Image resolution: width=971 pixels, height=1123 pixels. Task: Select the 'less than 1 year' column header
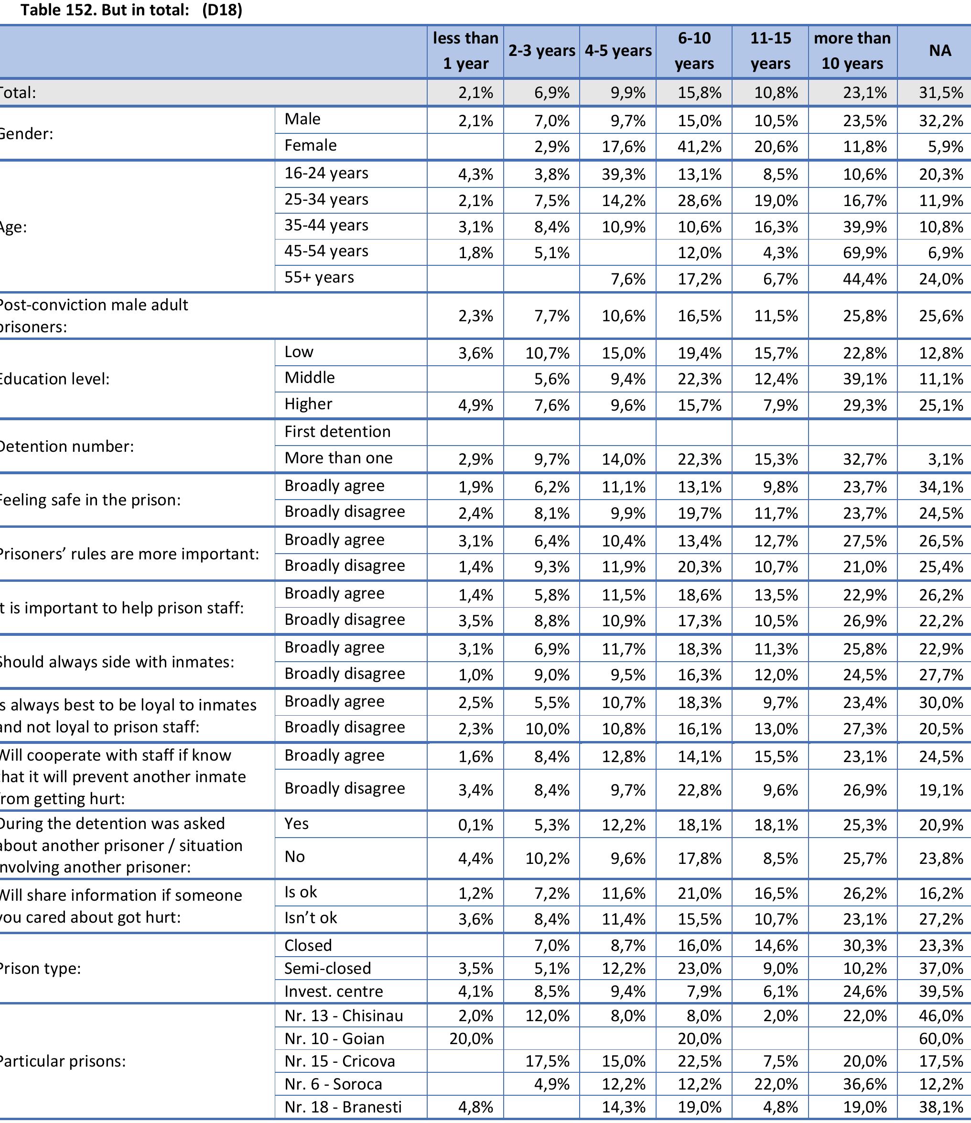click(465, 51)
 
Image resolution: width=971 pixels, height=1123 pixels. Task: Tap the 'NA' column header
click(939, 51)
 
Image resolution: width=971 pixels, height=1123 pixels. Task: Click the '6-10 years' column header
click(694, 51)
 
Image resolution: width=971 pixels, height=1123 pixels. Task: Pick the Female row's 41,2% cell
click(700, 147)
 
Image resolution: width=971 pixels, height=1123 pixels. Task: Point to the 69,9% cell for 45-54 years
click(865, 253)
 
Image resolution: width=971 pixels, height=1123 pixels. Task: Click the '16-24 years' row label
click(326, 174)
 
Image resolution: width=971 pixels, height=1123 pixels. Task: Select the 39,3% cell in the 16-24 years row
click(623, 174)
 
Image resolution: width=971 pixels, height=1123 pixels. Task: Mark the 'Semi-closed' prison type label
click(327, 969)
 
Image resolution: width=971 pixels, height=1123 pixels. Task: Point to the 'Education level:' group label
click(54, 379)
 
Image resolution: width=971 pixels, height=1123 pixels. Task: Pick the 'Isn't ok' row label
click(311, 917)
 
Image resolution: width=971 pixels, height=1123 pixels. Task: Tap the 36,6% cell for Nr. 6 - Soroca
click(865, 1085)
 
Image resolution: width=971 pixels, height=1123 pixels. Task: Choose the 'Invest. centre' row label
click(333, 992)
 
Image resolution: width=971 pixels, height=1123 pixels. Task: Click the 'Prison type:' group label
click(41, 969)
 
